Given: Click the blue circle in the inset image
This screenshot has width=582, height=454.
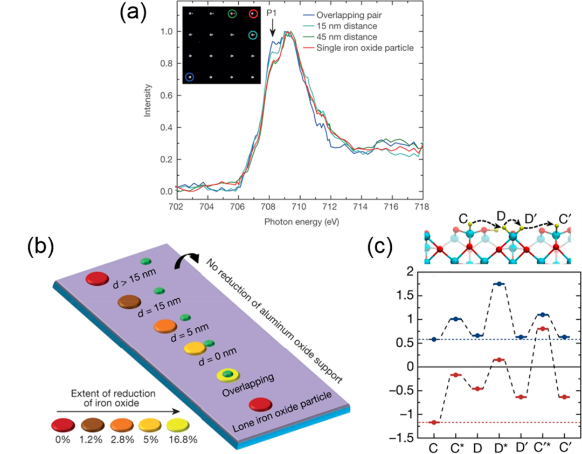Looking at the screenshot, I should coord(190,77).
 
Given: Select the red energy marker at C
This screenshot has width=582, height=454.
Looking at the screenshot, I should coord(434,423).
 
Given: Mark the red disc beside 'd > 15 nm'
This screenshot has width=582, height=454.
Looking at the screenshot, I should coord(98,280).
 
